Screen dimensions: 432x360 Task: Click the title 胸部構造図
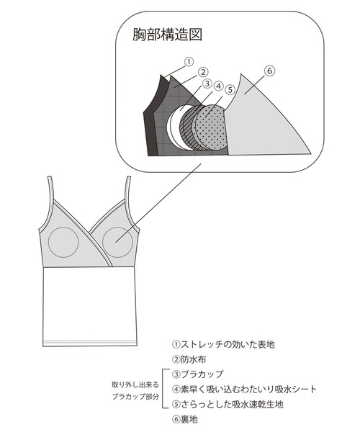166,35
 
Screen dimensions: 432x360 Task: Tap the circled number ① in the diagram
190,62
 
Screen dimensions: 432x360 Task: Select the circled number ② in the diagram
204,72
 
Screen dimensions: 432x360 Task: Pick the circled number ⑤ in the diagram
230,91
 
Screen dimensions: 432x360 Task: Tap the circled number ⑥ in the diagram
269,71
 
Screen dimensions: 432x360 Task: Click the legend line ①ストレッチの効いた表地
223,345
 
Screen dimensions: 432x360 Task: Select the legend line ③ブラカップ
198,374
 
